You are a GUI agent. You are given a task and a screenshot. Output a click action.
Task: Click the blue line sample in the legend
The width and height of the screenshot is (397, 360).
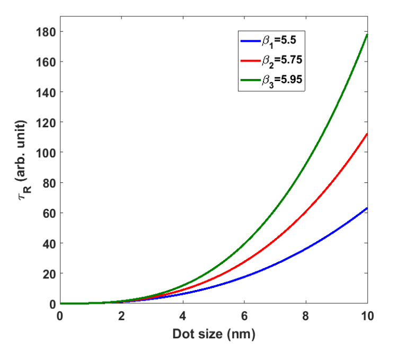pos(249,41)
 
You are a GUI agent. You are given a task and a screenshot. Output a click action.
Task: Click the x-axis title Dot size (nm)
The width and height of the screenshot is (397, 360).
pos(214,335)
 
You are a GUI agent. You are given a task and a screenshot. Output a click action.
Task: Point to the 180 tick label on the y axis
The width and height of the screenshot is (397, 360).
pos(47,31)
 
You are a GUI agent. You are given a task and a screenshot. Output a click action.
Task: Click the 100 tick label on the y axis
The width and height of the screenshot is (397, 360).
pos(47,153)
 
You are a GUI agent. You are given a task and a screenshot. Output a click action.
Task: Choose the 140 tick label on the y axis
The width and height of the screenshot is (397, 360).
pos(47,92)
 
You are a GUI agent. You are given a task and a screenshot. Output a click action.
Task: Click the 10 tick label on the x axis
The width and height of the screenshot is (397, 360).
pos(367,317)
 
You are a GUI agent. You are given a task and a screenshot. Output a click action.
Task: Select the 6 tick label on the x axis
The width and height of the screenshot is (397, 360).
pos(244,317)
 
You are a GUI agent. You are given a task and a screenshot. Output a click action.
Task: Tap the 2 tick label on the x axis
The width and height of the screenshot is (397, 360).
pos(121,317)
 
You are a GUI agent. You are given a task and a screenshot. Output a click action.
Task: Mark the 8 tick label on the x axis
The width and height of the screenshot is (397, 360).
pos(305,317)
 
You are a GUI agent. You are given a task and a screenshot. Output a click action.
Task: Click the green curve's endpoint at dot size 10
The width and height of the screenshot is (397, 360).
pos(367,34)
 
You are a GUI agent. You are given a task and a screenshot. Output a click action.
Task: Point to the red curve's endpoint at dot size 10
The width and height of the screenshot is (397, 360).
pos(367,134)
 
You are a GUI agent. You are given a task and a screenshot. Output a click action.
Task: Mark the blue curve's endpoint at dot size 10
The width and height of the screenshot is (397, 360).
pos(367,208)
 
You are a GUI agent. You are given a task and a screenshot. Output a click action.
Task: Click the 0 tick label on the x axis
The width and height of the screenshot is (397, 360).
pos(60,317)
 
